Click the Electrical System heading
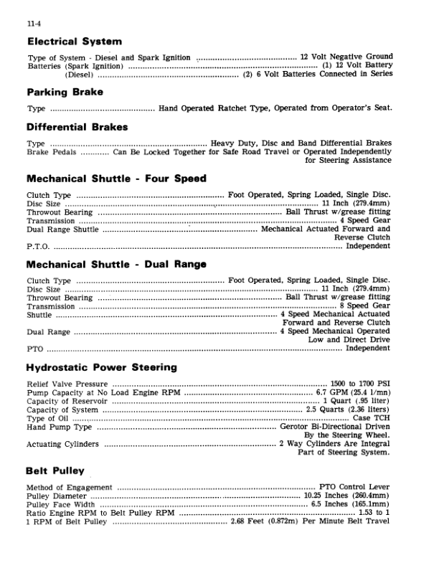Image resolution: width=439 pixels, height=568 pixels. point(75,42)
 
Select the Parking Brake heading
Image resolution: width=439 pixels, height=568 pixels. point(65,93)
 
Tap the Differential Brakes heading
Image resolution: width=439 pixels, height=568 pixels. point(77,128)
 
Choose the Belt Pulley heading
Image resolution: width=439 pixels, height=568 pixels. point(55,471)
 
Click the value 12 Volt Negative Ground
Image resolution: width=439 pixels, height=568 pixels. point(346,57)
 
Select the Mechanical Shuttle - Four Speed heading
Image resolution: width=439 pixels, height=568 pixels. point(116,179)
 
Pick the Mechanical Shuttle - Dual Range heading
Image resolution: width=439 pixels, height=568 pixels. point(116,264)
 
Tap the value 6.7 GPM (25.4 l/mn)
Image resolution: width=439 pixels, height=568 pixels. point(354,393)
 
